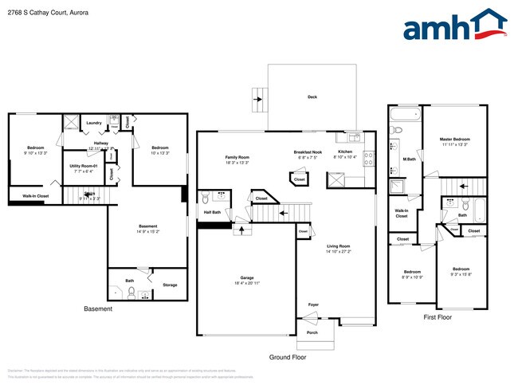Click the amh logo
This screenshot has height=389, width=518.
tap(454, 26)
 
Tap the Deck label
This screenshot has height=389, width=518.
tap(312, 98)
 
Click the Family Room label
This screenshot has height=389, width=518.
tap(237, 158)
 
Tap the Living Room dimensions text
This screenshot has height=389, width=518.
tap(339, 251)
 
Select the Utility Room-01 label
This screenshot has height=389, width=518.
tap(84, 165)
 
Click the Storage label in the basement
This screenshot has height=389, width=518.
tap(170, 285)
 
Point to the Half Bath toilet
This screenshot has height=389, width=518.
tap(205, 198)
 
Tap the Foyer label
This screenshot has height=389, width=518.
tap(314, 305)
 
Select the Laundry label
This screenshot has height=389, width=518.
tap(94, 123)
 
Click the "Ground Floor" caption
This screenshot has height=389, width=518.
tap(287, 357)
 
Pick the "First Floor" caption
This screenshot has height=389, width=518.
tap(438, 316)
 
